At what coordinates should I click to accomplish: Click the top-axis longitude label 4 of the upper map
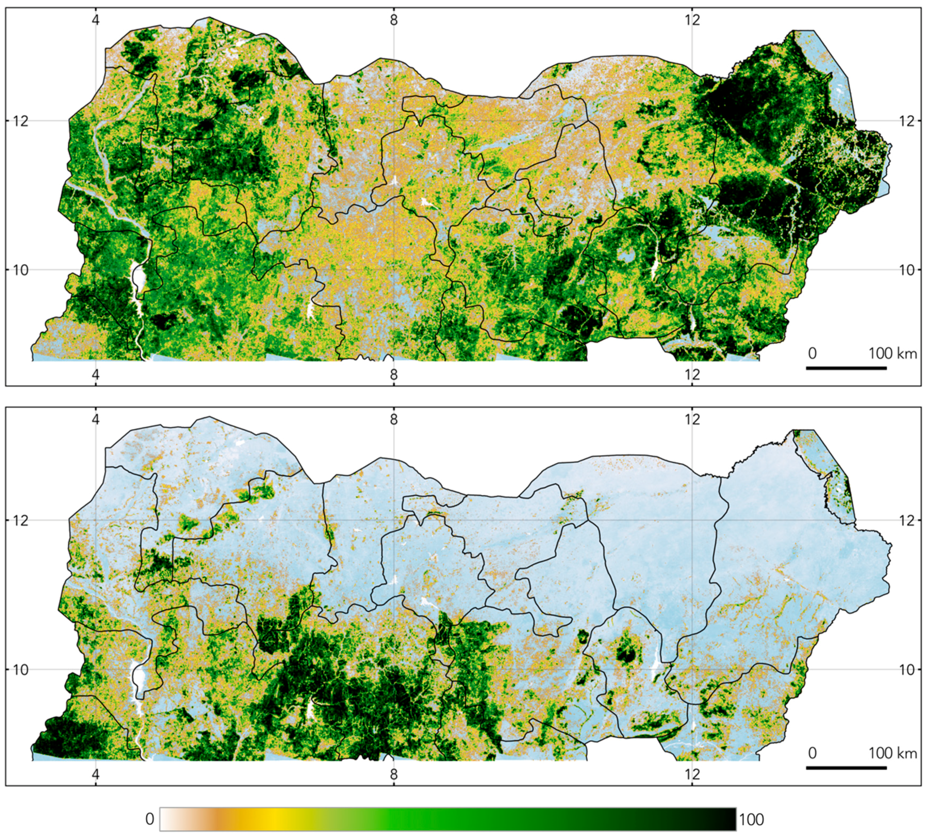[96, 20]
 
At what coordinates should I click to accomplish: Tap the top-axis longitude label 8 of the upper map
[394, 20]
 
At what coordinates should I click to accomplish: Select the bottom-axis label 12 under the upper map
[692, 374]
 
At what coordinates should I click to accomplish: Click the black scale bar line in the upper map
[846, 368]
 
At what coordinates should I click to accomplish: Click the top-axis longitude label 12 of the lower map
[692, 419]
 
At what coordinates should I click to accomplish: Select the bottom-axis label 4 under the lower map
[96, 774]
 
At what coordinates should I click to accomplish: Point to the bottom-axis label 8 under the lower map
[394, 774]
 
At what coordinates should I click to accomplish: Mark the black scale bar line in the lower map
[846, 768]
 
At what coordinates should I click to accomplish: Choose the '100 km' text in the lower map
[893, 754]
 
